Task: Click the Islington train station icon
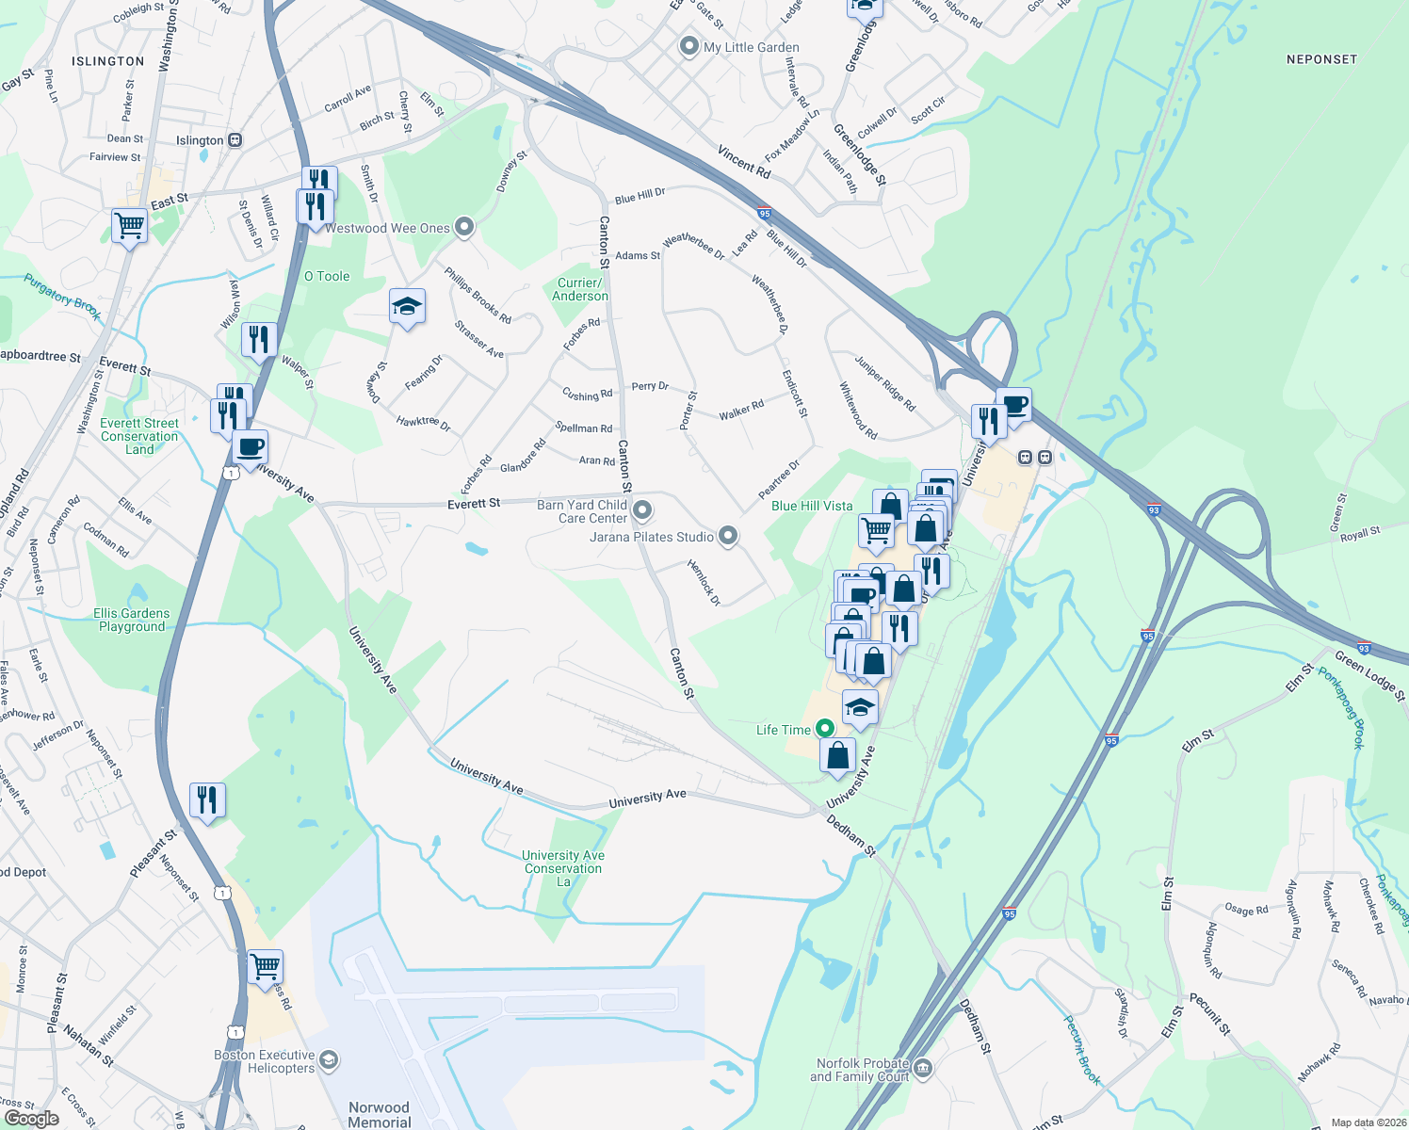tap(235, 140)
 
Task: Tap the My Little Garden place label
tap(751, 47)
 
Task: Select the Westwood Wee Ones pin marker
tap(463, 227)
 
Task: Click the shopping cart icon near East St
tap(129, 226)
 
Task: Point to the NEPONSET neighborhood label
tap(1321, 59)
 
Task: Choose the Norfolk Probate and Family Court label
tap(860, 1070)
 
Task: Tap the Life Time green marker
tap(824, 729)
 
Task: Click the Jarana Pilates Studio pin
tap(727, 537)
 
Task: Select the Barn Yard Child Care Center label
tap(582, 511)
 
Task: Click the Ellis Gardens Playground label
tap(132, 620)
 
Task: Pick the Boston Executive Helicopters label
tap(264, 1061)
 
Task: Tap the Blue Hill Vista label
tap(812, 506)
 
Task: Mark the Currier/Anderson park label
tap(580, 289)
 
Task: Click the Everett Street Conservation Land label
tap(139, 436)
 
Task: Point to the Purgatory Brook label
tap(62, 297)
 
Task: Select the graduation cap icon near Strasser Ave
tap(407, 307)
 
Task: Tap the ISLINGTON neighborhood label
tap(108, 61)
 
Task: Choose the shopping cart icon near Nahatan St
tap(265, 966)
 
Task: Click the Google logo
tap(31, 1118)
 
